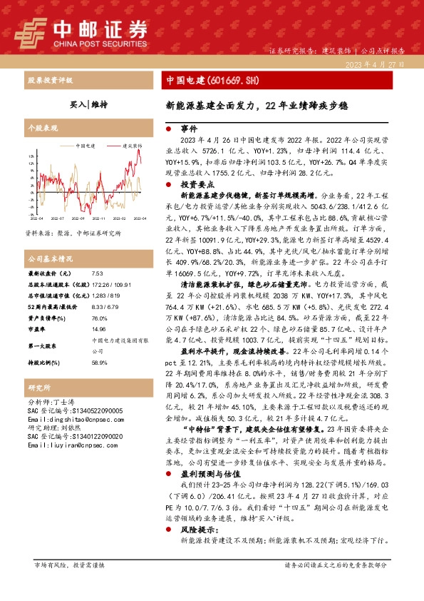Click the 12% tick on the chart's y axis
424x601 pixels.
(33, 163)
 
